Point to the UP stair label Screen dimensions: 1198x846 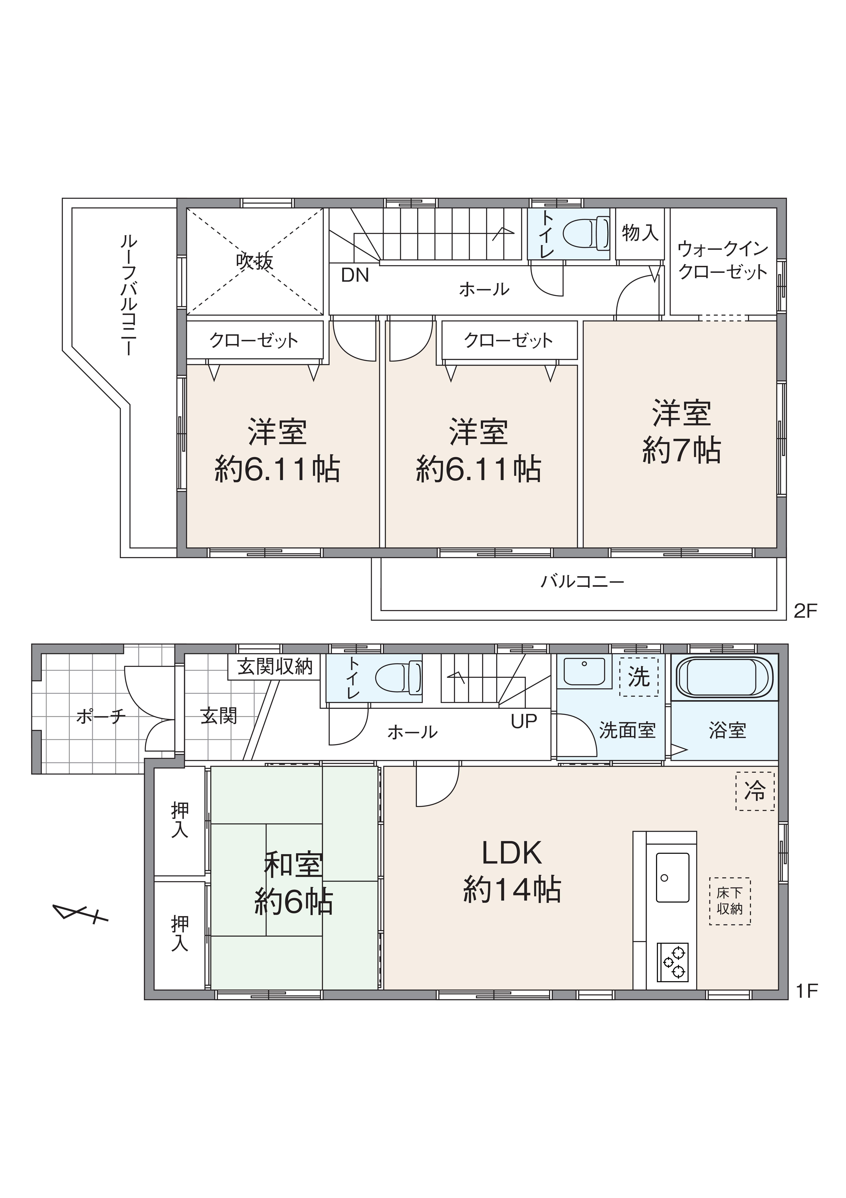click(524, 722)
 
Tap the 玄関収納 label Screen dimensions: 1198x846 click(275, 667)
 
